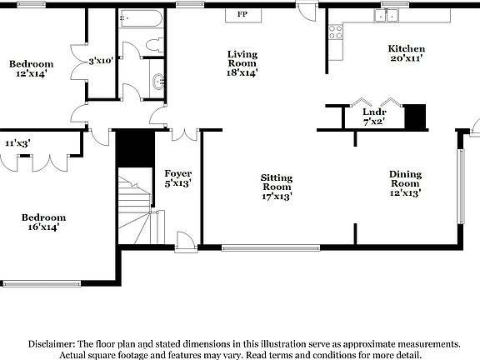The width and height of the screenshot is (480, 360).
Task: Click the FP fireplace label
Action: (x=242, y=15)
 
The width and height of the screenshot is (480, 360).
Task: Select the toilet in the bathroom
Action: (x=154, y=44)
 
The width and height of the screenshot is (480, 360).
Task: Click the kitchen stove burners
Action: (x=337, y=32)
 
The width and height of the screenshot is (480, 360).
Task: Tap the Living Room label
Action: (x=242, y=62)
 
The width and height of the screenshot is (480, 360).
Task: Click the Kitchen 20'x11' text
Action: (x=407, y=53)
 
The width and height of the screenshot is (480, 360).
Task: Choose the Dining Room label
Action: (x=406, y=183)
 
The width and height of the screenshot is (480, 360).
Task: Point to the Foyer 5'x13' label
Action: (x=177, y=177)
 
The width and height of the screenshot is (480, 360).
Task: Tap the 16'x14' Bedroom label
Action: (x=43, y=221)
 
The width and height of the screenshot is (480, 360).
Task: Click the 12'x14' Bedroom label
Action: (x=31, y=68)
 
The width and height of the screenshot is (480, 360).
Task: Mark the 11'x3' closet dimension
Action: (x=17, y=143)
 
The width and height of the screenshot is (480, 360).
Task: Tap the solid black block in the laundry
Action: (x=414, y=116)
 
